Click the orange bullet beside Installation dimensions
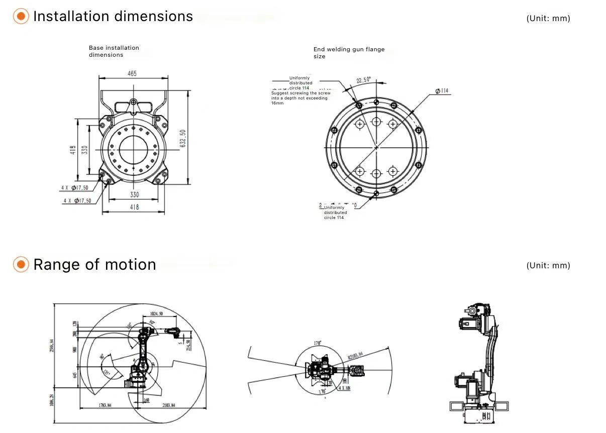pos(21,17)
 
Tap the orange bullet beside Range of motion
pos(21,265)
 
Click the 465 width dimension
pos(132,73)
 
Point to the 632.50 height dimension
pos(183,139)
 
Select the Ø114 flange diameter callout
pos(442,91)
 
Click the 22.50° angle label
pos(363,80)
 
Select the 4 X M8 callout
pos(345,388)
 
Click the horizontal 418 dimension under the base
pos(134,207)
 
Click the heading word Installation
pos(71,17)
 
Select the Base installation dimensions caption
pos(114,51)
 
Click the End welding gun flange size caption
pos(349,53)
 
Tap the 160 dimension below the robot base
pos(146,400)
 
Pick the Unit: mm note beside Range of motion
pos(548,266)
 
